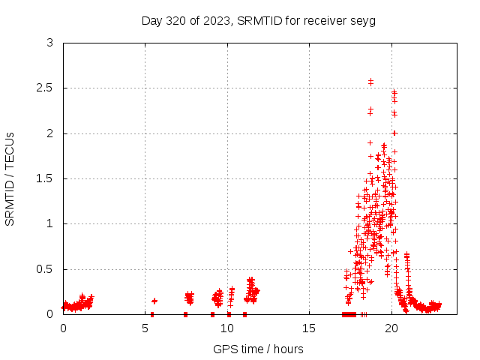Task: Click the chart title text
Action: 258,20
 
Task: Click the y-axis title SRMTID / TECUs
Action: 10,178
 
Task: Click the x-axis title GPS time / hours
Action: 258,349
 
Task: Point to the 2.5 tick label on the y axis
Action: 47,88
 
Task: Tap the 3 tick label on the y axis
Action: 50,43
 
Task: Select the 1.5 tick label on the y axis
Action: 47,178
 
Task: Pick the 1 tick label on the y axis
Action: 50,223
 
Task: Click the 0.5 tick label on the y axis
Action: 47,269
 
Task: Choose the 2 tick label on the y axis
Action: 50,133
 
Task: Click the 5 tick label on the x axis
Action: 145,328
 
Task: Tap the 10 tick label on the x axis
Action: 227,328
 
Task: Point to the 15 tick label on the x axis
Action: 309,328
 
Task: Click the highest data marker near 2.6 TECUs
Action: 370,81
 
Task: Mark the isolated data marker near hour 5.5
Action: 154,301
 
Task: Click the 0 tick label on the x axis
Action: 63,328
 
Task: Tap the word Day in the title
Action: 151,20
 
